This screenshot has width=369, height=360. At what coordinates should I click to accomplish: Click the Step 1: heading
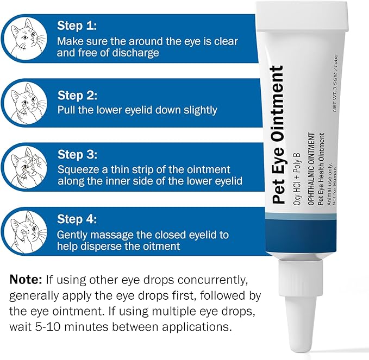[x=77, y=26]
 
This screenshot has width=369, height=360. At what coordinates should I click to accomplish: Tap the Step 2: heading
[x=77, y=96]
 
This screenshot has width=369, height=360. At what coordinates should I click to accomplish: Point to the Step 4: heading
[x=77, y=220]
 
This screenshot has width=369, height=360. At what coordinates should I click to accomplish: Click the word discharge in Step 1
[x=134, y=53]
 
